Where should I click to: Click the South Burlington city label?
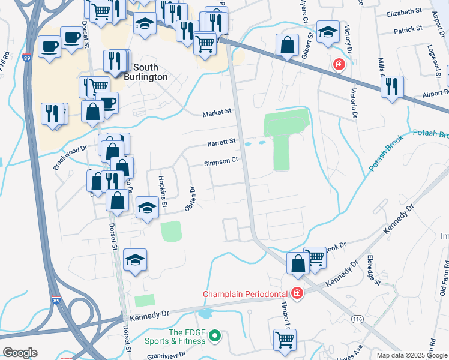[x=150, y=72]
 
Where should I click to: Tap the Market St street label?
[x=217, y=112]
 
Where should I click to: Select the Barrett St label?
[x=221, y=142]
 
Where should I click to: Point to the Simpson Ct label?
[x=221, y=161]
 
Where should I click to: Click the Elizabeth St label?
[x=405, y=12]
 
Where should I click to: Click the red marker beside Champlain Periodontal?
[x=296, y=293]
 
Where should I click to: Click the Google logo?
[x=19, y=352]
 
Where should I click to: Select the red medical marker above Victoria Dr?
[x=339, y=64]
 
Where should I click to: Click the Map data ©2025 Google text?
[x=412, y=355]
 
